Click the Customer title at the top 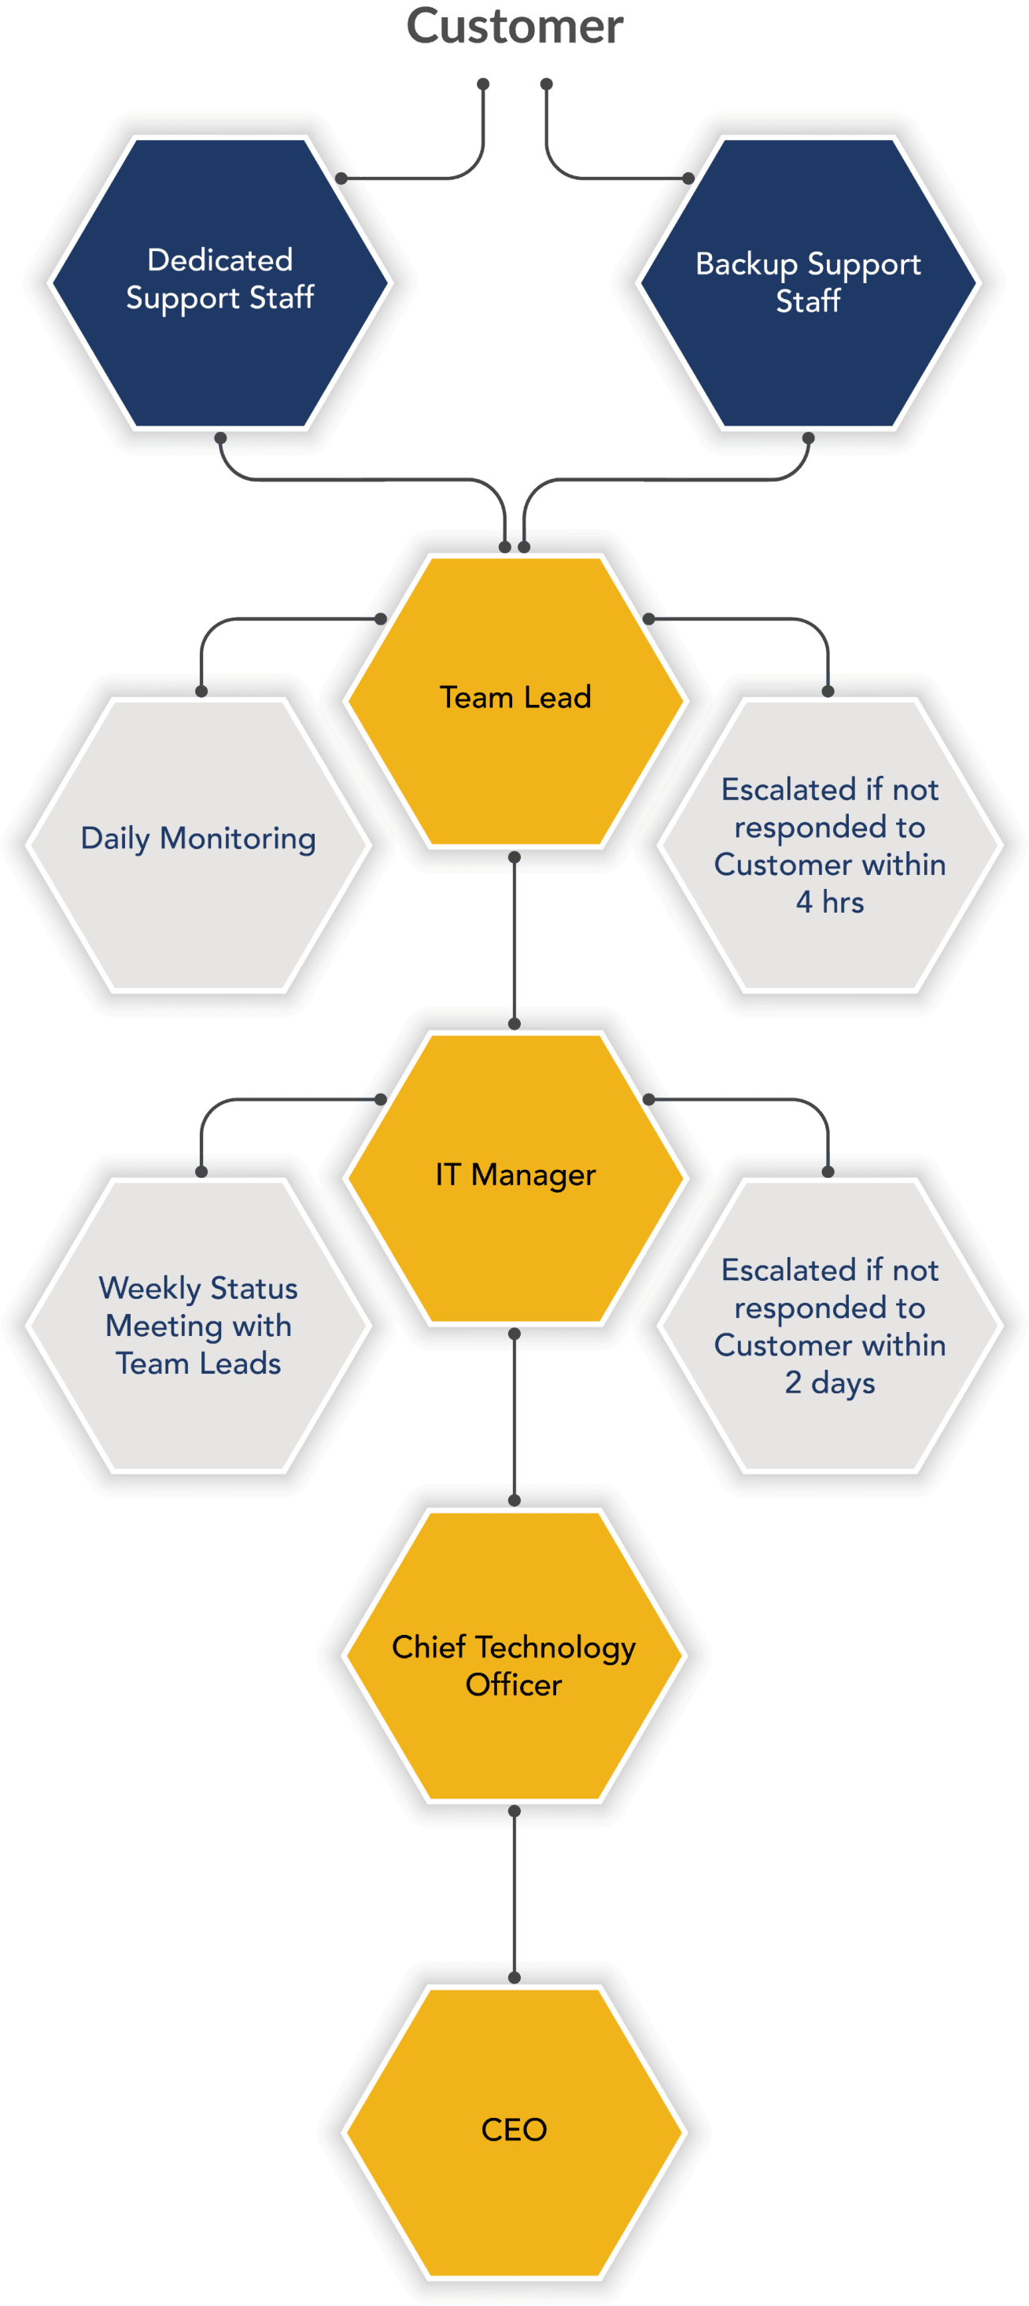pos(514,27)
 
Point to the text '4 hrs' pos(829,902)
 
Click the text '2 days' pos(829,1383)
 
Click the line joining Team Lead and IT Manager pos(514,940)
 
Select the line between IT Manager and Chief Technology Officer pos(514,1417)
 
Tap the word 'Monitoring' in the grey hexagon pos(238,839)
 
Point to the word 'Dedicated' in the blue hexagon pos(220,260)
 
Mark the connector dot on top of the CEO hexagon pos(514,1976)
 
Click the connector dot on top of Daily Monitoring pos(201,691)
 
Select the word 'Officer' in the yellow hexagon pos(514,1684)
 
